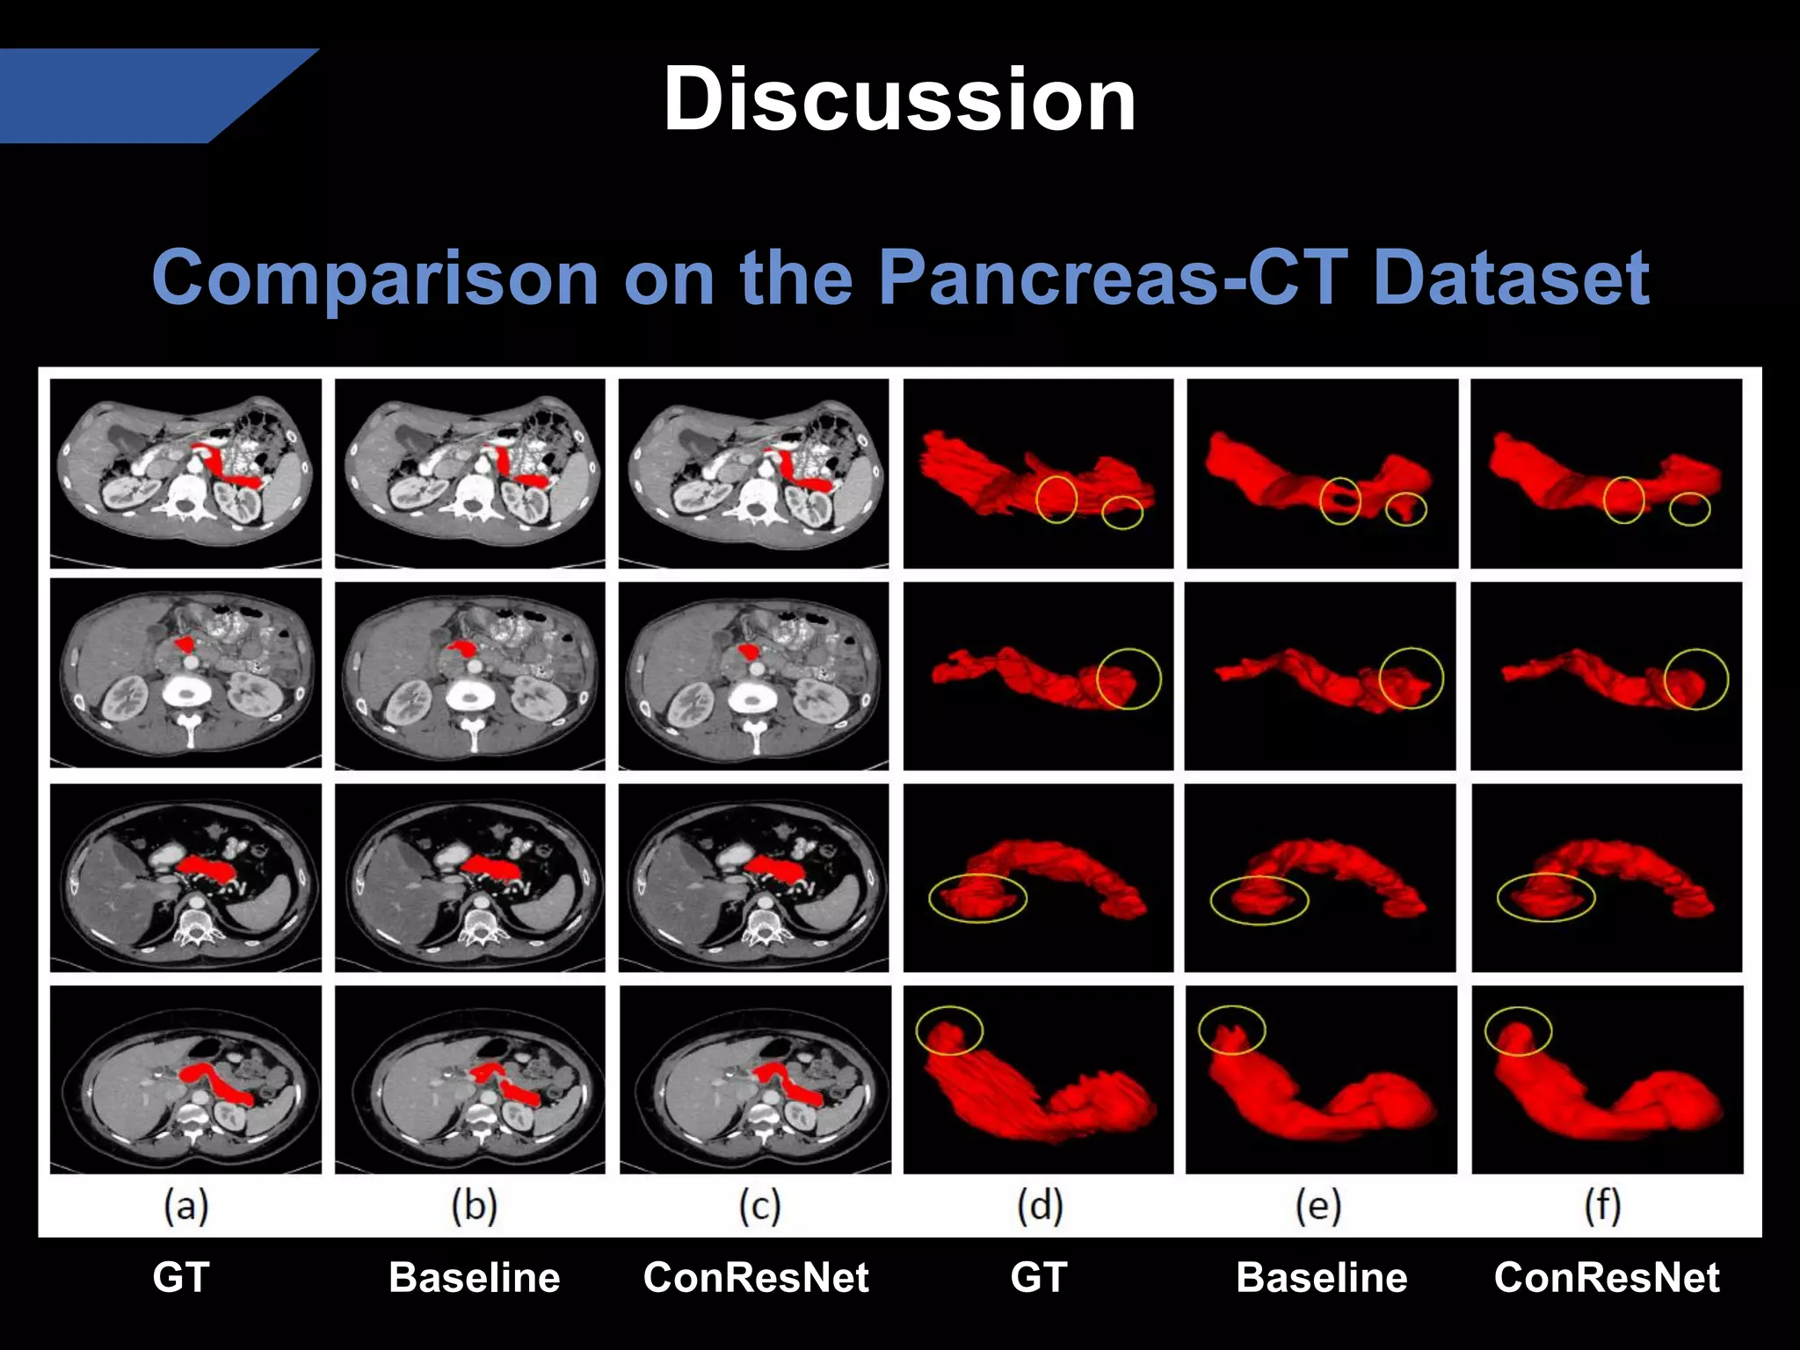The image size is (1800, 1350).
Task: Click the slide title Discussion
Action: coord(899,99)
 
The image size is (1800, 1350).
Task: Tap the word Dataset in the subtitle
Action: coord(1510,277)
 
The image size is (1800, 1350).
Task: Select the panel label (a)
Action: coord(185,1206)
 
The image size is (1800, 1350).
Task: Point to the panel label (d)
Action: coord(1040,1206)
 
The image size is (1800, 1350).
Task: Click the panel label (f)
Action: coord(1603,1206)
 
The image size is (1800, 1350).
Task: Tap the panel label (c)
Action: coord(759,1206)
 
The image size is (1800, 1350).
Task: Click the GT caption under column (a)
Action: coord(180,1277)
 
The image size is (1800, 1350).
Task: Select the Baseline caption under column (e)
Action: coord(1321,1277)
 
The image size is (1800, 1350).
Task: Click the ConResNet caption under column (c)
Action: coord(756,1277)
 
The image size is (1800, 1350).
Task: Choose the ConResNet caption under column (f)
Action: coord(1606,1277)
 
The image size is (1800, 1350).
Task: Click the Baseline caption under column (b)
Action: coord(474,1277)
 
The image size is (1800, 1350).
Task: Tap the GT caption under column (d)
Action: coord(1038,1277)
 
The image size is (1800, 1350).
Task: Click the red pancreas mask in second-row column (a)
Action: coord(185,644)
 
